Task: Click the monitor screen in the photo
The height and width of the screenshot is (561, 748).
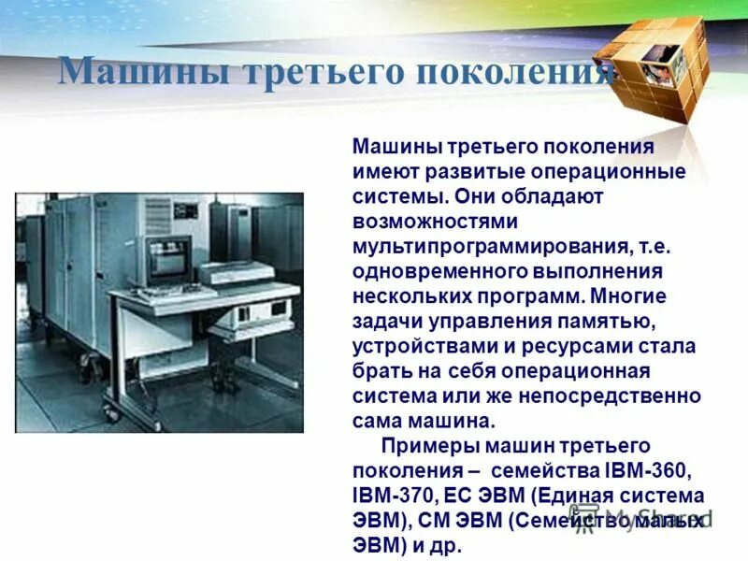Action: click(x=169, y=260)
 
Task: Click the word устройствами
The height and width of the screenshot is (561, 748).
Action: click(x=415, y=345)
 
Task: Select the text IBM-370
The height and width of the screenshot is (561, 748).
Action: click(x=387, y=495)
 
